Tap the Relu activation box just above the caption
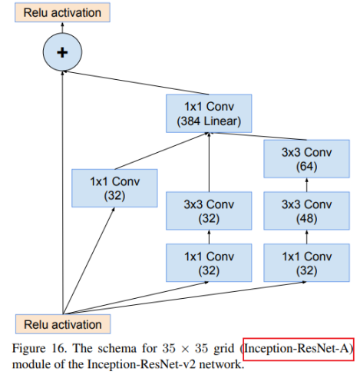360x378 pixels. click(x=61, y=323)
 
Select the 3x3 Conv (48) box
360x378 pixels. click(x=306, y=212)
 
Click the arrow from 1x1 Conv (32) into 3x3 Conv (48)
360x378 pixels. click(x=306, y=237)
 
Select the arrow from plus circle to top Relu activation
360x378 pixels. click(x=62, y=29)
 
